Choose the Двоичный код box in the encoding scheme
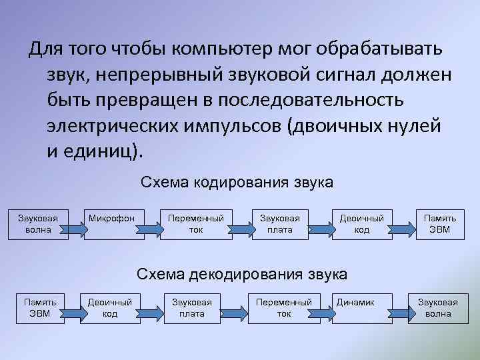[361, 223]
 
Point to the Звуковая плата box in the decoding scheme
[192, 307]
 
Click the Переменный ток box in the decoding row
[284, 307]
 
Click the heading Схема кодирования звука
[237, 182]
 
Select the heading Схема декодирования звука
[241, 273]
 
